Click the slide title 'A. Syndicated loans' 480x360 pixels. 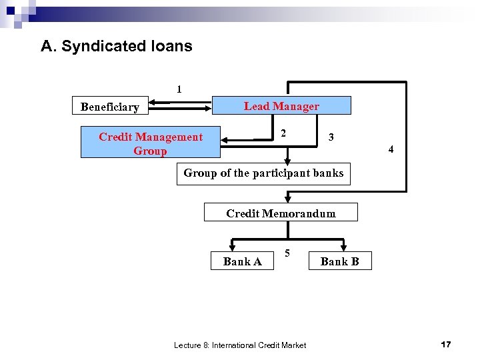(117, 46)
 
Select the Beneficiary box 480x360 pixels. (110, 107)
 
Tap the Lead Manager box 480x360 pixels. (281, 106)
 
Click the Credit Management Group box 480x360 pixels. (150, 143)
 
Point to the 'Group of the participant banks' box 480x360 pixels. (263, 173)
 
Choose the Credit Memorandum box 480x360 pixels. (281, 213)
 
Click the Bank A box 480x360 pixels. (242, 261)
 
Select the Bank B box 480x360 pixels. (339, 261)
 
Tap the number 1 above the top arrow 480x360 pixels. (179, 89)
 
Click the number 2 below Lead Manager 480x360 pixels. (283, 133)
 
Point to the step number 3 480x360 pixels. (331, 137)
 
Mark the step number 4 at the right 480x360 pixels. (391, 149)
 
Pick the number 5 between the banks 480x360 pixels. (287, 253)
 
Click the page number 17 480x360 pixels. (446, 344)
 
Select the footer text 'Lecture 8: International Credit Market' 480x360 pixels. (240, 345)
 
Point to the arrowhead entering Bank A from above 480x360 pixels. (232, 248)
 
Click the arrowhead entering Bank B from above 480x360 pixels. (343, 248)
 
